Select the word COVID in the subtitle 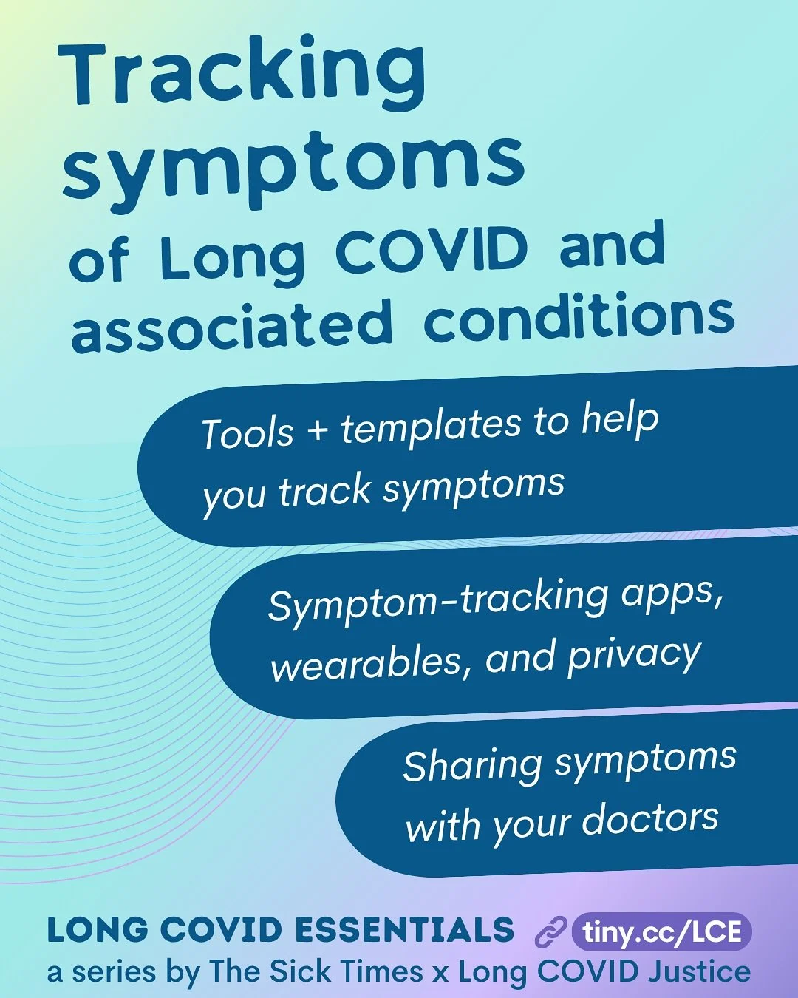[432, 251]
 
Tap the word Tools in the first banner [248, 433]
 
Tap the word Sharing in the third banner [473, 766]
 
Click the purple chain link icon [550, 932]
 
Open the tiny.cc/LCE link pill [661, 931]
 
